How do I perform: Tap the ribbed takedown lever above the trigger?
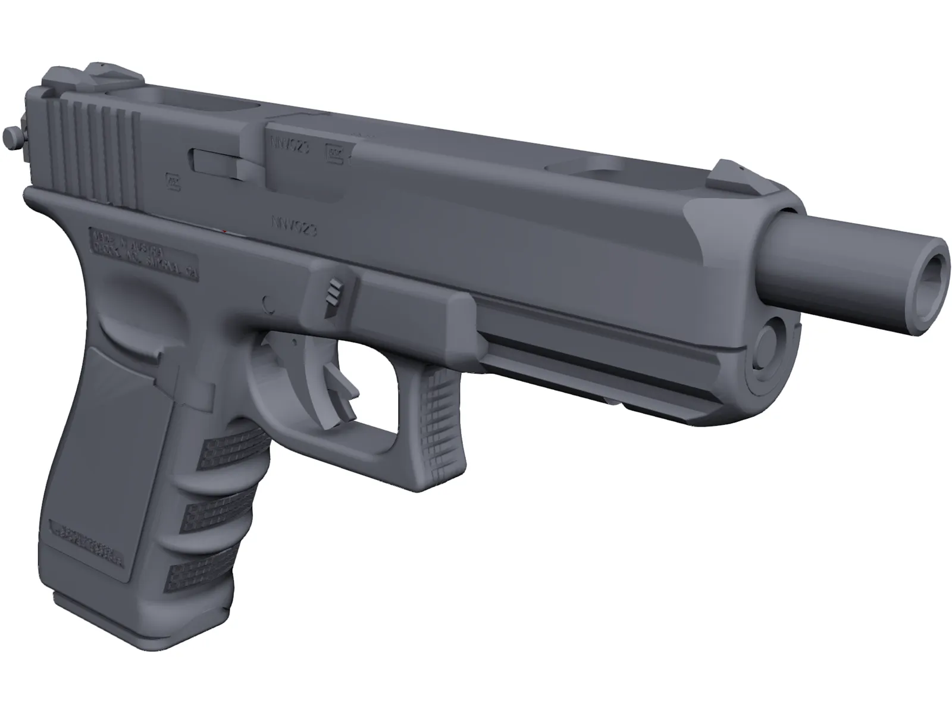(x=334, y=292)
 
